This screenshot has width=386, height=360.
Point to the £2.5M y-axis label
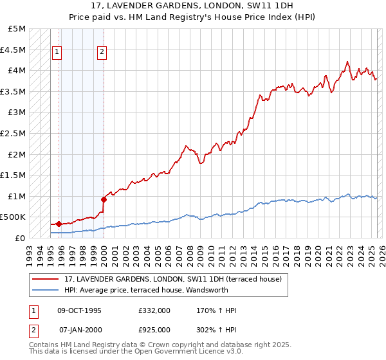[x=13, y=133]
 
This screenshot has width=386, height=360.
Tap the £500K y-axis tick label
[x=13, y=217]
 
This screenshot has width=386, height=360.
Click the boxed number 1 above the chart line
[x=57, y=53]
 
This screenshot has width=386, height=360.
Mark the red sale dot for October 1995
[x=59, y=224]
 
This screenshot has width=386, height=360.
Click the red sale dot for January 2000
[x=104, y=199]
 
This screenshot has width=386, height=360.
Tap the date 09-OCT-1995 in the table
[x=79, y=310]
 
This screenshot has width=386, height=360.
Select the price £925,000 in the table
[x=154, y=328]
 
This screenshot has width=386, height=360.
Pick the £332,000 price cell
[x=154, y=310]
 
